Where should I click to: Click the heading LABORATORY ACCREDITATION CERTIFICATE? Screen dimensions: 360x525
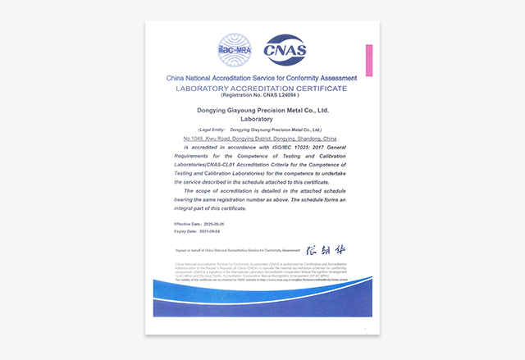(262, 87)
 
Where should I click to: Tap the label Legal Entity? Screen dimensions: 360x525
(194, 130)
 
